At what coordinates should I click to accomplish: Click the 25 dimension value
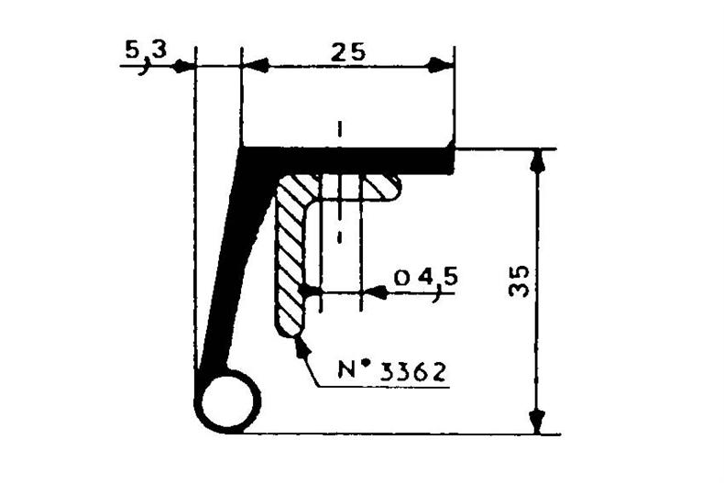(348, 51)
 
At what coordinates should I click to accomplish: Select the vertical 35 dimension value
(519, 280)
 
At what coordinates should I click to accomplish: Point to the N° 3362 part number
(392, 370)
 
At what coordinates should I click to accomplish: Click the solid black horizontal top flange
(346, 160)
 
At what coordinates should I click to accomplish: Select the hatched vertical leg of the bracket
(290, 258)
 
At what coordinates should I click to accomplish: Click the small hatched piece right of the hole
(381, 187)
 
